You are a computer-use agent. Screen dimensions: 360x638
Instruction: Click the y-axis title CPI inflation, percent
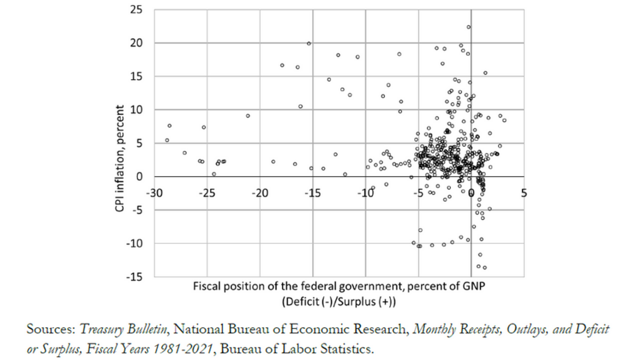coord(120,159)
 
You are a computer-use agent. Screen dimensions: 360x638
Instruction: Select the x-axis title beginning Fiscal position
coord(340,287)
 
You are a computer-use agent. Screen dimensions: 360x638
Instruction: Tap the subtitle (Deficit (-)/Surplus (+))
coord(340,300)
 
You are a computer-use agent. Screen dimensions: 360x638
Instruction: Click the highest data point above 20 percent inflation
coord(468,27)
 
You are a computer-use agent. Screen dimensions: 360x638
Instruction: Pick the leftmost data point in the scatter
coord(167,140)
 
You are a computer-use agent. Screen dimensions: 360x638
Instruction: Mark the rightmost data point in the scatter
coord(504,120)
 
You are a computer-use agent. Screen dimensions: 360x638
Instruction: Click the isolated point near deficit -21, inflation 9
coord(248,115)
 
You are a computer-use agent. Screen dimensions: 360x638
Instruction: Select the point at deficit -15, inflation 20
coord(309,43)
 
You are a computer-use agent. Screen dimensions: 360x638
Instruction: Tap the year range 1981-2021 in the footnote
coord(184,350)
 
